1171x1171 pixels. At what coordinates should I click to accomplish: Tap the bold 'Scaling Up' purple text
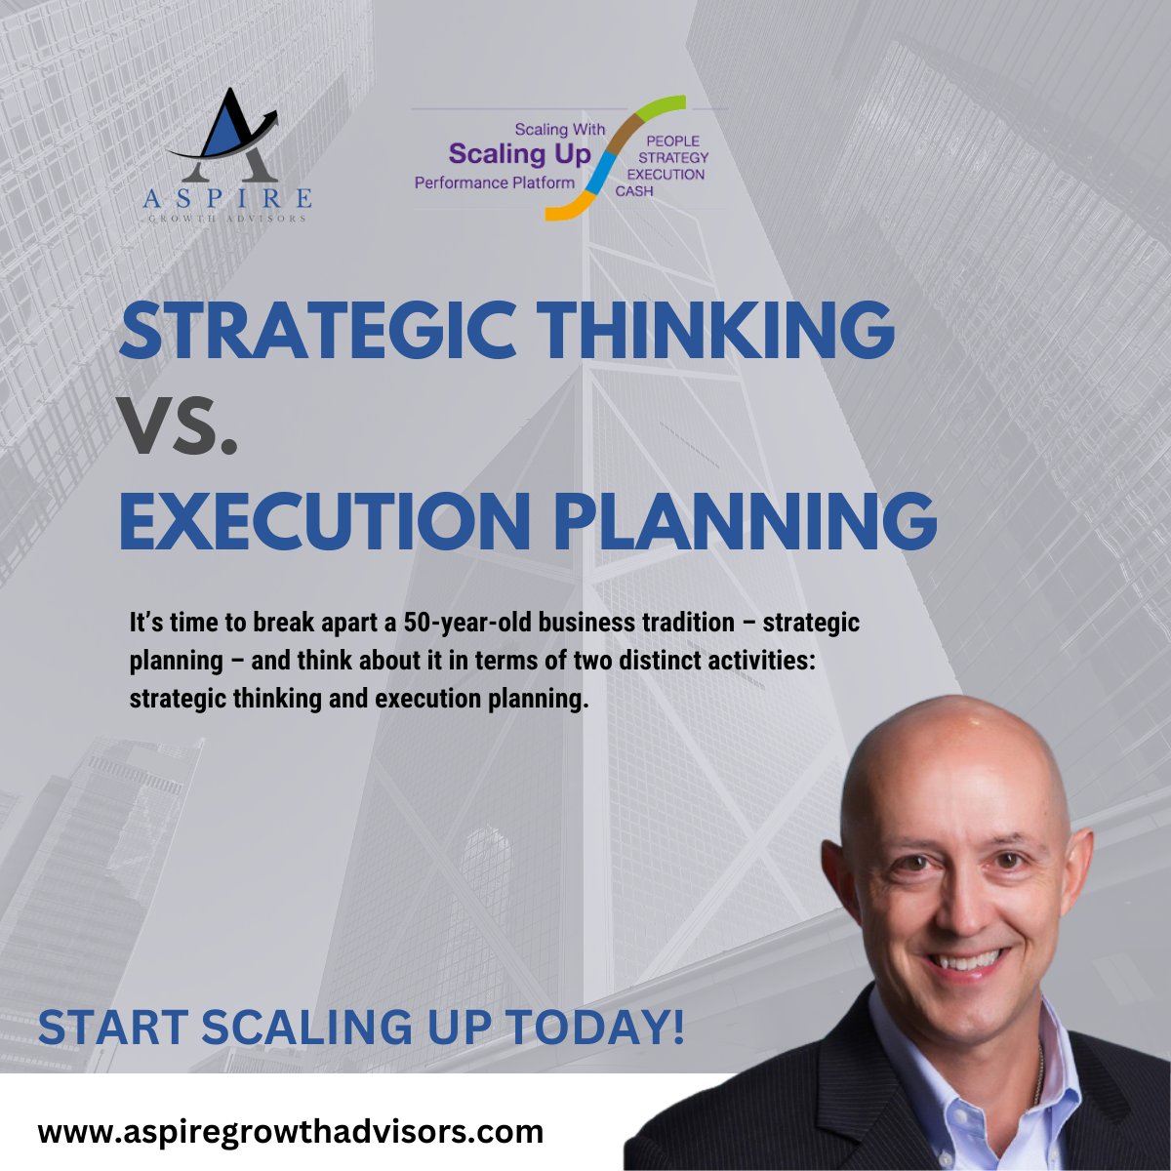519,154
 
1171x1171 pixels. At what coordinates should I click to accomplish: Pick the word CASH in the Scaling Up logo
634,191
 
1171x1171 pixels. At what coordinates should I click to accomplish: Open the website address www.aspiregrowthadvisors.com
290,1132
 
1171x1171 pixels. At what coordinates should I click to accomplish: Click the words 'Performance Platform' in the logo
489,182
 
